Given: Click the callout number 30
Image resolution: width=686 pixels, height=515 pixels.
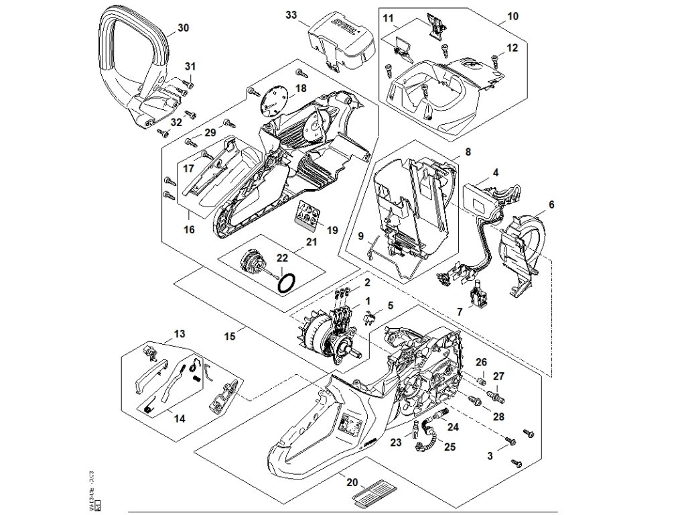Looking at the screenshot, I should coord(183,28).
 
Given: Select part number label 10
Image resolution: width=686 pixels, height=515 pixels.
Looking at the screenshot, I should coord(513,15).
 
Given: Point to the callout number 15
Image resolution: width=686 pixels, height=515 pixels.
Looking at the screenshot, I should coord(230,336).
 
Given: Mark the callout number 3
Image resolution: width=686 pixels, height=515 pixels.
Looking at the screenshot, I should coord(490,456).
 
